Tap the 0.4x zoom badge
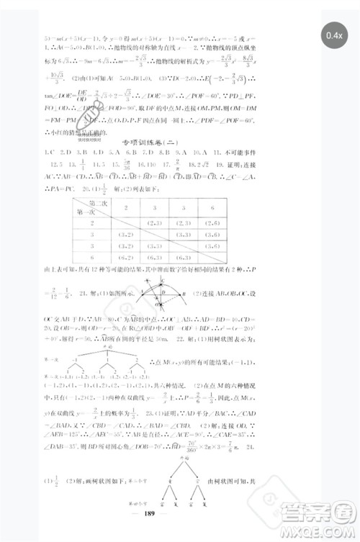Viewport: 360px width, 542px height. [x=334, y=35]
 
